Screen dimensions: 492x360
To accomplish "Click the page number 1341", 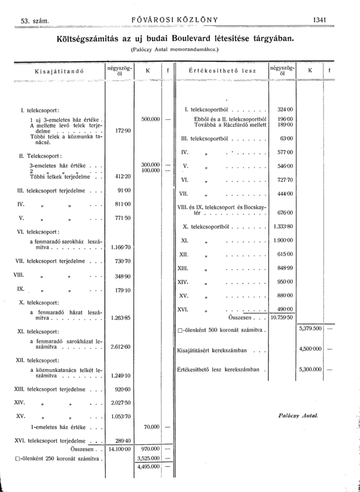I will click(x=320, y=20).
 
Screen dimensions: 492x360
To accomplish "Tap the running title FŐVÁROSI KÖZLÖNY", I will click(x=175, y=20).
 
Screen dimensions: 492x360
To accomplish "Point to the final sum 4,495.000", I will click(x=149, y=466).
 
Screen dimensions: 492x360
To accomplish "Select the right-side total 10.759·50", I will click(x=282, y=317).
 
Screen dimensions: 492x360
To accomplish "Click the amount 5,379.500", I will click(x=310, y=329).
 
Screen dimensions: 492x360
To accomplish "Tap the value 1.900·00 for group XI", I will click(x=283, y=240).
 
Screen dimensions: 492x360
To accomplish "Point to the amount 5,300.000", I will click(x=310, y=369).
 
